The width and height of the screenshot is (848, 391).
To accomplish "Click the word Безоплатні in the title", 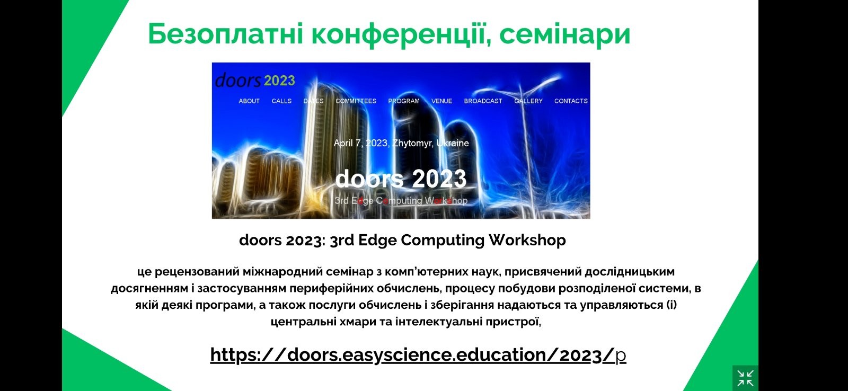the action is coord(226,34).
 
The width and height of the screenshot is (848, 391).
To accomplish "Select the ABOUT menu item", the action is coord(249,101).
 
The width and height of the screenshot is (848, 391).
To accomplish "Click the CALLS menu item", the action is coord(281,101).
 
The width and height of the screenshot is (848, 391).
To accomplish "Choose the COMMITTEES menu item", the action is coord(356,101).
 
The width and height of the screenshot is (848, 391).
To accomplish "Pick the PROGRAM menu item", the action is coord(404,101).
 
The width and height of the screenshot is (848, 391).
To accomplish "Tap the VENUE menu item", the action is coord(442,101).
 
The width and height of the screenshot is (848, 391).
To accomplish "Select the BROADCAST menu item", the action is coord(483,101).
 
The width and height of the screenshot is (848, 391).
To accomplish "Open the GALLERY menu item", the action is coord(528,101).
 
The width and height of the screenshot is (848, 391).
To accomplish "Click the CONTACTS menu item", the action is coord(571,101).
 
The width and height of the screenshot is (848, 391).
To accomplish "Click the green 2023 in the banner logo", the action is coord(279,81).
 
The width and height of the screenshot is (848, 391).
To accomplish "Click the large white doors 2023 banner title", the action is coord(401,179).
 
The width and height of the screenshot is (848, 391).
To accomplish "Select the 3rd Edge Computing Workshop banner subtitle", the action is coord(401,201).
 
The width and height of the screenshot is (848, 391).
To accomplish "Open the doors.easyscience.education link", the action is coord(418,355).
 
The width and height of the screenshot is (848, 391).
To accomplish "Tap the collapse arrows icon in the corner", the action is coord(745,378).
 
